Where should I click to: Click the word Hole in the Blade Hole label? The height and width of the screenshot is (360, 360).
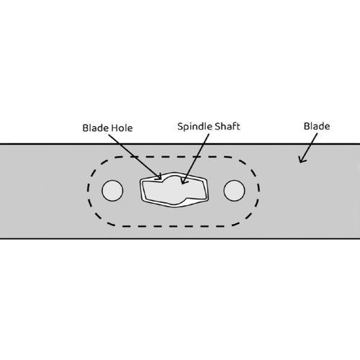pos(122,128)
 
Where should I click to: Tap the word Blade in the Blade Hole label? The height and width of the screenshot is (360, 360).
pos(95,128)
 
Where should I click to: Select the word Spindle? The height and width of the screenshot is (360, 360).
pos(194,127)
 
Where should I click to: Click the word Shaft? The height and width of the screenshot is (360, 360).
pos(228,126)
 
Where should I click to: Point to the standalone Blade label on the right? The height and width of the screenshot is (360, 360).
pos(317,126)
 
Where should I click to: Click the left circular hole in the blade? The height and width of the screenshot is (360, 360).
pos(112,191)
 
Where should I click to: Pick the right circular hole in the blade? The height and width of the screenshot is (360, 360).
pos(234,191)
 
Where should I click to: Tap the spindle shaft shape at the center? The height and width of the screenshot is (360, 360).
pos(174,190)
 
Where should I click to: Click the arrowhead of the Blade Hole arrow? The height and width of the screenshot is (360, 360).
pos(159,177)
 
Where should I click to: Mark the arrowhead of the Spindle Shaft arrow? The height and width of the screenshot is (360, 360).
pos(184,181)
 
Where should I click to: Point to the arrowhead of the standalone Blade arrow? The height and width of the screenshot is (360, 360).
pos(301,160)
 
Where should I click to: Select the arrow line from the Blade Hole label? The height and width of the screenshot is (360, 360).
pos(135,157)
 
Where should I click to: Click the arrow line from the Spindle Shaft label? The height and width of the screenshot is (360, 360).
pos(195,159)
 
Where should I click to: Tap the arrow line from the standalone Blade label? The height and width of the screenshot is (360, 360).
pos(309,148)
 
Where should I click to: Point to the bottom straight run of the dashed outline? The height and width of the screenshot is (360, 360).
pos(174,226)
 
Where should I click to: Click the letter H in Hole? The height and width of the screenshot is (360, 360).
pos(114,128)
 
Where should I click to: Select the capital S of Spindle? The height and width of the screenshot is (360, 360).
pos(180,126)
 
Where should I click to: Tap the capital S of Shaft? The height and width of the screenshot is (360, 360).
pos(217,126)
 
